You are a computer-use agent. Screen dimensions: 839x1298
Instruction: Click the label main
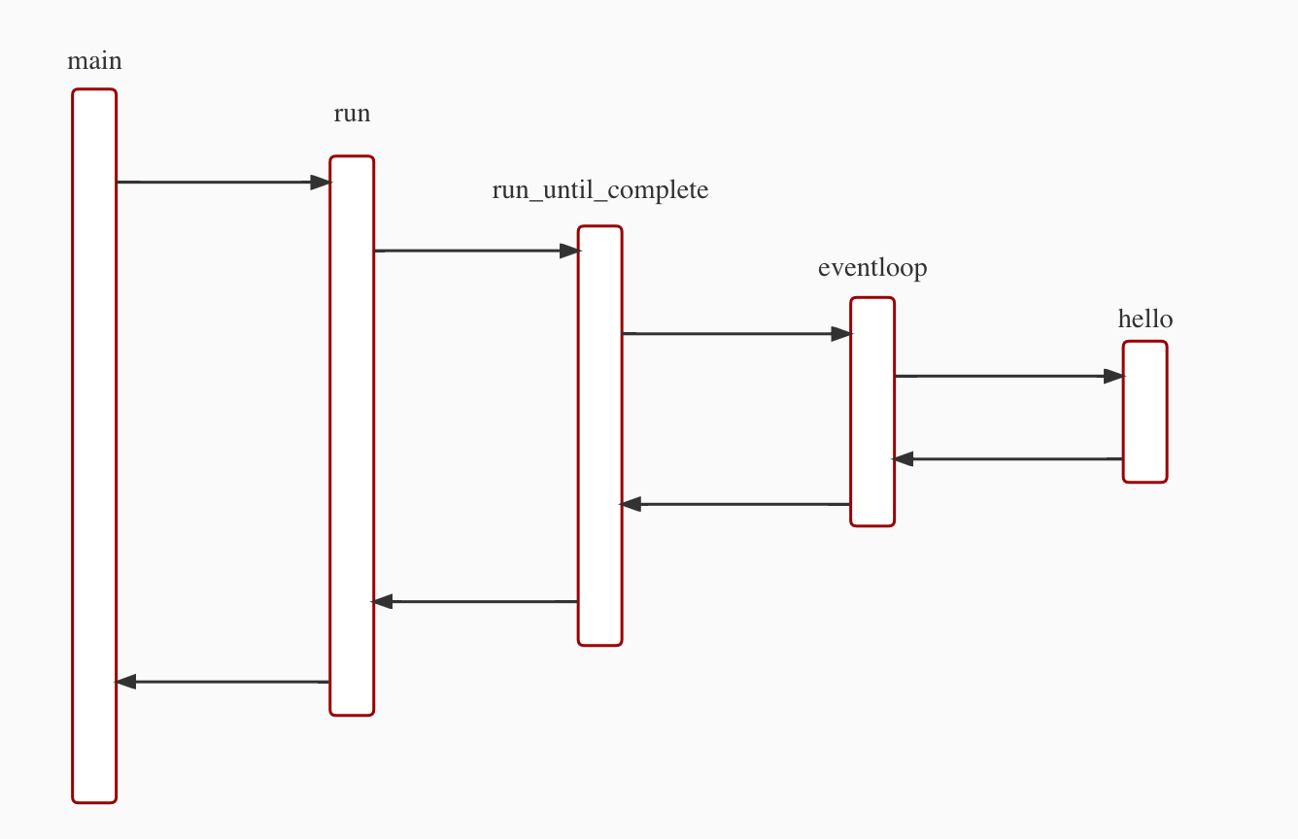point(94,61)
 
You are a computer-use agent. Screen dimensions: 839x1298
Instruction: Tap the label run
point(352,114)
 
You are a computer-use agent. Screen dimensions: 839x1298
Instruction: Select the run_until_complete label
point(600,189)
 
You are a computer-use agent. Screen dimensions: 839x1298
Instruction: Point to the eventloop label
point(872,267)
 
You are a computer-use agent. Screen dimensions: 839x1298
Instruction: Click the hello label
point(1145,319)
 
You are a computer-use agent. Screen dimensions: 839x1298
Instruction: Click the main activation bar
point(94,446)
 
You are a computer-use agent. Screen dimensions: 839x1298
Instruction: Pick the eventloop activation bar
point(872,412)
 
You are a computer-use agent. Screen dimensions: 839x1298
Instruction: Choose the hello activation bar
point(1144,412)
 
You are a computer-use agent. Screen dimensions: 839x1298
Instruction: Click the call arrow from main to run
point(223,182)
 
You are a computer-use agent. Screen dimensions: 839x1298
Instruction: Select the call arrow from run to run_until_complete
point(476,251)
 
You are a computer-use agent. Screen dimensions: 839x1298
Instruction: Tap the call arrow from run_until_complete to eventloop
point(735,334)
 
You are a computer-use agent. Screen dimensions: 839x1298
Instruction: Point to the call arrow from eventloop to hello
point(1008,376)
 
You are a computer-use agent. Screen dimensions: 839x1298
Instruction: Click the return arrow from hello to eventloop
point(1008,458)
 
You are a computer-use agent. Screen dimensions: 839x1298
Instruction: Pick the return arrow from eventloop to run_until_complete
point(735,504)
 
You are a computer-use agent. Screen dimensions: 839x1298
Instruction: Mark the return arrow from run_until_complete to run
point(476,601)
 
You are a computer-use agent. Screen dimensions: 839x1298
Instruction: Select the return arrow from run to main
point(223,682)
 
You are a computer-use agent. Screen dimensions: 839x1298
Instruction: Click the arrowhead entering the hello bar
point(1113,376)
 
